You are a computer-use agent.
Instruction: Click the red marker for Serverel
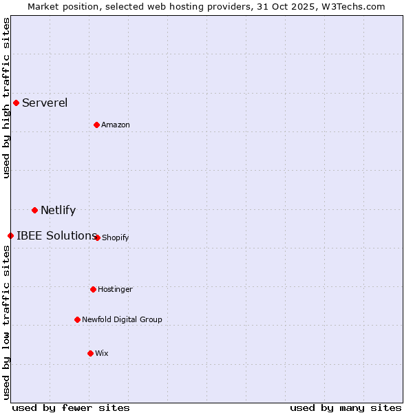point(16,103)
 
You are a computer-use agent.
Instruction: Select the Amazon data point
point(96,125)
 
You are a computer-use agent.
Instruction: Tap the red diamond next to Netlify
point(34,210)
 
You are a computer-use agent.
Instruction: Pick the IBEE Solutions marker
point(10,235)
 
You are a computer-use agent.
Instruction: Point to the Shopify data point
point(97,237)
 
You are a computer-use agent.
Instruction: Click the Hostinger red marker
point(93,289)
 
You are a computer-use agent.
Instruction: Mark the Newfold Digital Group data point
point(77,319)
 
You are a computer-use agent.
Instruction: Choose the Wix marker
point(90,353)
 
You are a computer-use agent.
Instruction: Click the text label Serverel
point(45,103)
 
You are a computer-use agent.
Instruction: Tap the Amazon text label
point(116,125)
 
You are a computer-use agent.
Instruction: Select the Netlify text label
point(58,211)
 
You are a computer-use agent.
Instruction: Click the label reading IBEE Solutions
point(56,236)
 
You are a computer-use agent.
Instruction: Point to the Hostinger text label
point(115,290)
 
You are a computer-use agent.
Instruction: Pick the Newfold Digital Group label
point(122,320)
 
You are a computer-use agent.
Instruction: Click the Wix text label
point(102,354)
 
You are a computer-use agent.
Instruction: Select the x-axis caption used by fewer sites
point(71,407)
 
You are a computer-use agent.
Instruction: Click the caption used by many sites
point(346,407)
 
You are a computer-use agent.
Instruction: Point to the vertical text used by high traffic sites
point(6,98)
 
